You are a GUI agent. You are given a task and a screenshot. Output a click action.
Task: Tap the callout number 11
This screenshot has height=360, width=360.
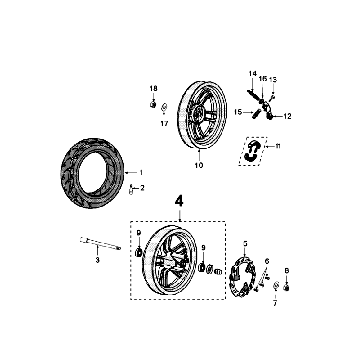point(279,150)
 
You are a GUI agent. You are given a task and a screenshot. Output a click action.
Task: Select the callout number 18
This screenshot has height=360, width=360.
point(153,88)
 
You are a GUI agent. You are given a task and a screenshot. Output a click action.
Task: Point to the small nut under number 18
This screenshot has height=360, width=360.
point(152,103)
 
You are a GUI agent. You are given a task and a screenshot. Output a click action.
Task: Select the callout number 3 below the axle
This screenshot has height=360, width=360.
point(97,260)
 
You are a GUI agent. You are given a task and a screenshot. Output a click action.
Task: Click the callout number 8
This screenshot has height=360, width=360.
point(287,271)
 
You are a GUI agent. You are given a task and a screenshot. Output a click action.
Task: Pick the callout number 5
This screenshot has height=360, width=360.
point(244,243)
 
